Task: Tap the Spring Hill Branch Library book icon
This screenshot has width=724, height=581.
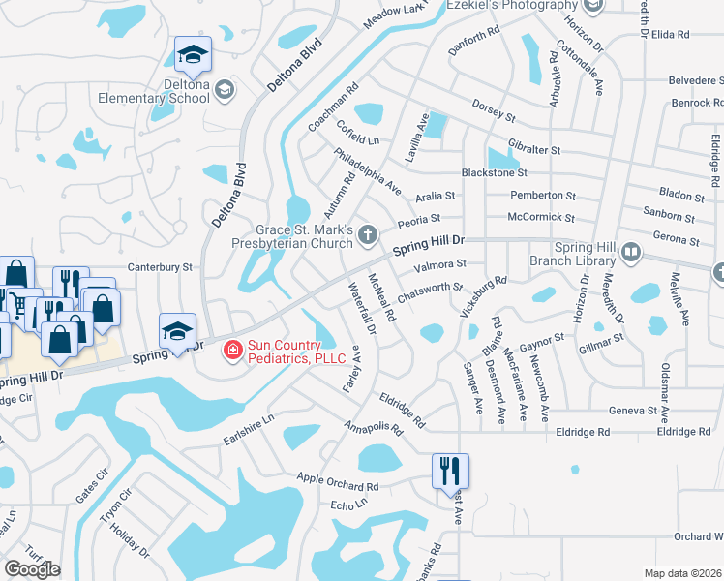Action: [x=631, y=254]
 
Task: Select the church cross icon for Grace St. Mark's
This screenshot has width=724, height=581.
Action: [x=367, y=234]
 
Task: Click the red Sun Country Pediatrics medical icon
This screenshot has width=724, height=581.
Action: [x=232, y=351]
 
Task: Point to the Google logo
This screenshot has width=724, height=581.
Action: [x=32, y=569]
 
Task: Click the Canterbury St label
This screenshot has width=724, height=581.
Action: [x=161, y=266]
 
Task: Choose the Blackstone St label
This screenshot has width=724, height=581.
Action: [x=495, y=172]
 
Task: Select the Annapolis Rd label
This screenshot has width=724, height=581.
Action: [x=373, y=435]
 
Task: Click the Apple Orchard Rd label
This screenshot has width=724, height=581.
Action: [x=338, y=482]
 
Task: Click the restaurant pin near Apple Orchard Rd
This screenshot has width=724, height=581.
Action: [x=450, y=472]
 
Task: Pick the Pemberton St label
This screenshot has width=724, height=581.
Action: [x=543, y=196]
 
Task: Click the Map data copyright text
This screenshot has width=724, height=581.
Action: [x=683, y=573]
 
